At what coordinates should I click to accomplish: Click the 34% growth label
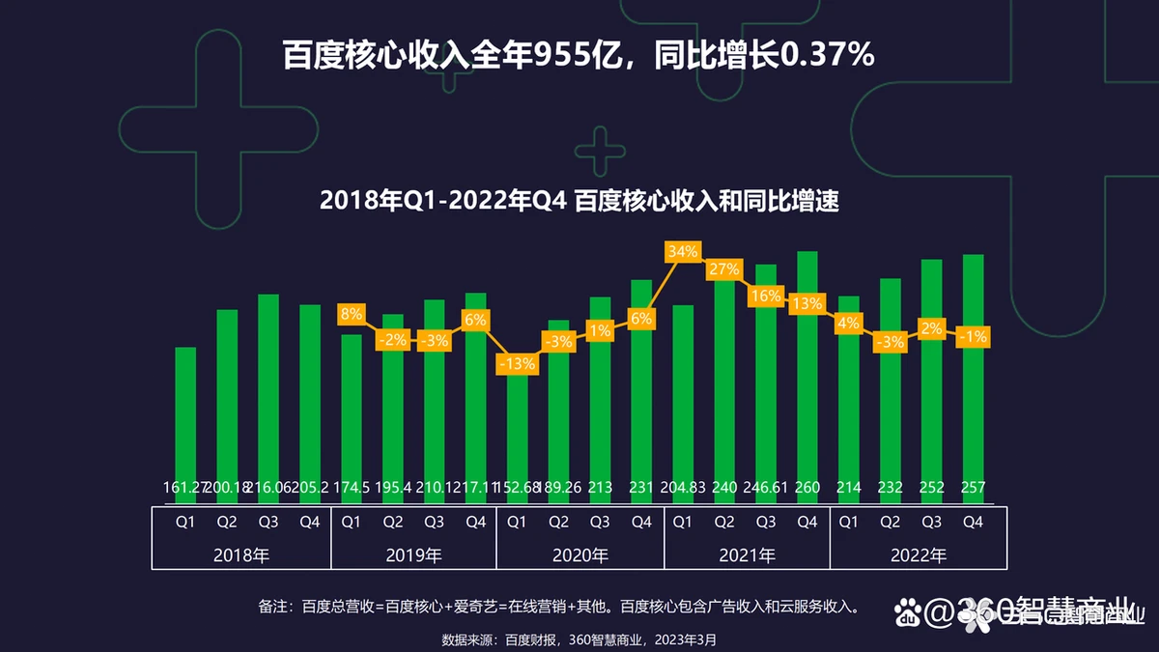tap(682, 253)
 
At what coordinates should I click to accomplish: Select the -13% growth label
tap(517, 364)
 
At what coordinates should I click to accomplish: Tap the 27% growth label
tap(724, 269)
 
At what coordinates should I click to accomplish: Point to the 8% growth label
tap(351, 314)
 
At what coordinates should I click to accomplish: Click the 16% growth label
tap(766, 297)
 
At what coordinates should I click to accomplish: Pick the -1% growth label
tap(973, 336)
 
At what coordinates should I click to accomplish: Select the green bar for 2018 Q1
tap(185, 415)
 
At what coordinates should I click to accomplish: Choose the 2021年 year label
tap(747, 555)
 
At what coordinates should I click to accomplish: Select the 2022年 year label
tap(912, 555)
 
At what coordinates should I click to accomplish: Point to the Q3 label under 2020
tap(600, 522)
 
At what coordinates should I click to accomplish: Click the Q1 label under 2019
tap(352, 522)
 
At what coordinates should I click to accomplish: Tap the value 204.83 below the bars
tap(683, 489)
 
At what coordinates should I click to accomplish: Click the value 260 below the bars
tap(807, 489)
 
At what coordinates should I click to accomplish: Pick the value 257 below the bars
tap(973, 489)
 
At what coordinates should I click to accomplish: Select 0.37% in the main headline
tap(827, 55)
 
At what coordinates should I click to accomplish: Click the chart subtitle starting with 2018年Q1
tap(579, 202)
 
